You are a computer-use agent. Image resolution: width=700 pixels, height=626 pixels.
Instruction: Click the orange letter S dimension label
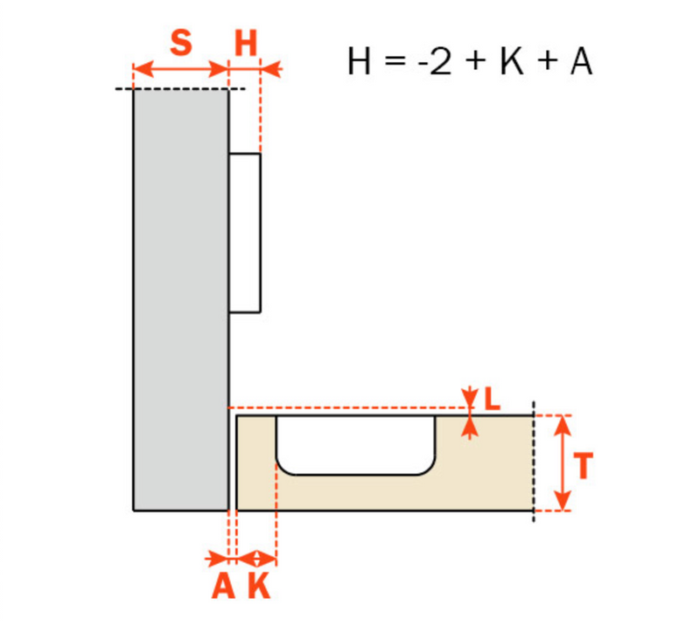pyautogui.click(x=181, y=43)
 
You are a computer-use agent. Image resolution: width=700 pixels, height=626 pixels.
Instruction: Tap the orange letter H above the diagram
pyautogui.click(x=246, y=44)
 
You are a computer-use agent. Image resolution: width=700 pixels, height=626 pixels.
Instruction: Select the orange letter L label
pyautogui.click(x=492, y=399)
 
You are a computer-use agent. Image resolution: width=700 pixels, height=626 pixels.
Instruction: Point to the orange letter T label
pyautogui.click(x=583, y=465)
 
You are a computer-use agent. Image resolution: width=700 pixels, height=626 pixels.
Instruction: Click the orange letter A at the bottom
pyautogui.click(x=223, y=586)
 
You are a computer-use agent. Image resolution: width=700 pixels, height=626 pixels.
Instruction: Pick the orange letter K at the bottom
pyautogui.click(x=259, y=586)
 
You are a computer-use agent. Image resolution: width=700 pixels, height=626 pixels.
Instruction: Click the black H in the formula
pyautogui.click(x=359, y=61)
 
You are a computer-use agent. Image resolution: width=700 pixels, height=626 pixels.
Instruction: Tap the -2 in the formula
pyautogui.click(x=434, y=61)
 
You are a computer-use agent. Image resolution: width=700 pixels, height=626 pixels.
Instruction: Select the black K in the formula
pyautogui.click(x=512, y=61)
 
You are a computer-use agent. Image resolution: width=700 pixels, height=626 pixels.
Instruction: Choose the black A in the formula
pyautogui.click(x=581, y=61)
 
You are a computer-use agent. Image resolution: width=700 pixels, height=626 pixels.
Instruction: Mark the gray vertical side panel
pyautogui.click(x=181, y=300)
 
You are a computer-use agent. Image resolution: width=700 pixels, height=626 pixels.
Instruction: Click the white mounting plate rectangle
pyautogui.click(x=245, y=233)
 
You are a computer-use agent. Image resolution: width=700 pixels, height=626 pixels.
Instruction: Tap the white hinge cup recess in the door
pyautogui.click(x=356, y=445)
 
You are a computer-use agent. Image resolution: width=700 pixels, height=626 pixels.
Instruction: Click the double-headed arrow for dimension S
pyautogui.click(x=181, y=70)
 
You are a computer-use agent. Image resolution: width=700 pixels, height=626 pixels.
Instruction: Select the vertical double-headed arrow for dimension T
pyautogui.click(x=563, y=463)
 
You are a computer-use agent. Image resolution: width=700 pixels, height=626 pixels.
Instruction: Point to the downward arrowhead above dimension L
pyautogui.click(x=469, y=398)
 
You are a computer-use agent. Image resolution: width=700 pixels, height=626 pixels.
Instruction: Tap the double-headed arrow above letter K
pyautogui.click(x=256, y=559)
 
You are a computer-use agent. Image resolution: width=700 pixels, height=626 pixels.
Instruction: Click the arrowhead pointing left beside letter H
pyautogui.click(x=270, y=70)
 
